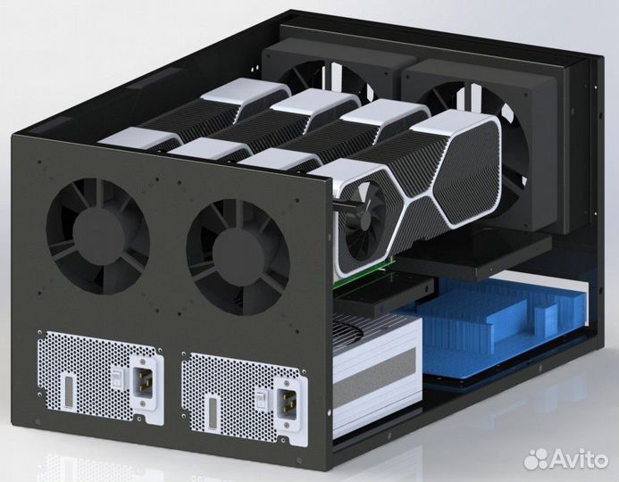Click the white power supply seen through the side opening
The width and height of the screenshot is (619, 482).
371,375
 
